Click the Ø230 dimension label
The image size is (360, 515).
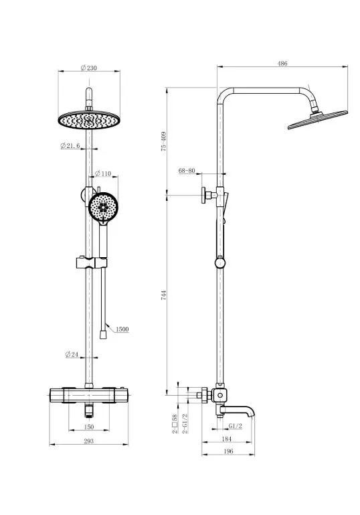coord(89,68)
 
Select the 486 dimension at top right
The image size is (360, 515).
coord(282,64)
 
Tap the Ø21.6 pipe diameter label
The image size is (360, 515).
coord(70,146)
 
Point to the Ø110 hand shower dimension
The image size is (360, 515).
coord(103,173)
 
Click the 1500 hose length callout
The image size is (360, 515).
coord(122,329)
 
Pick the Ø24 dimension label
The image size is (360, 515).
coord(72,354)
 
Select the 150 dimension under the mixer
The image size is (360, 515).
coord(89,427)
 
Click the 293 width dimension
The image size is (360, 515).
coord(88,441)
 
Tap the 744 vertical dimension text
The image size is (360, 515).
coord(164,295)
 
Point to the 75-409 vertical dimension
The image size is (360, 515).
coord(164,141)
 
